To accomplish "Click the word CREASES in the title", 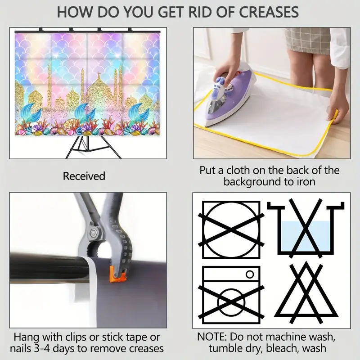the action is (x=269, y=12).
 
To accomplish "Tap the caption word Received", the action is (x=84, y=176).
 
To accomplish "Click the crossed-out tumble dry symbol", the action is (x=231, y=230).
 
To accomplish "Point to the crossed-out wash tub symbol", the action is (x=306, y=228).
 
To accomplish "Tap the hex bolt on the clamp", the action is (x=94, y=233).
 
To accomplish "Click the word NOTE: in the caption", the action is (x=212, y=337).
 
